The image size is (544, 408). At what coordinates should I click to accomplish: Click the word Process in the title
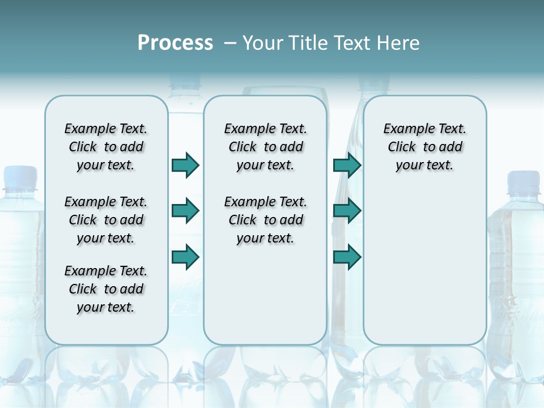[175, 43]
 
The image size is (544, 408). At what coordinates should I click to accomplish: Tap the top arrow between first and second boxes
[185, 165]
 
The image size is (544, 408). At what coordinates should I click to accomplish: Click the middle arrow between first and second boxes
[185, 211]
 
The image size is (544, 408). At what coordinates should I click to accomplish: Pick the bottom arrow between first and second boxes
[185, 257]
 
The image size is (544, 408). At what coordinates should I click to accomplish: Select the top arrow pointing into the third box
[347, 165]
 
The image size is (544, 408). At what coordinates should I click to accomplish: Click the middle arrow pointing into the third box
[347, 211]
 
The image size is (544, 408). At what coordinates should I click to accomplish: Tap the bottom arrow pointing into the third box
[347, 257]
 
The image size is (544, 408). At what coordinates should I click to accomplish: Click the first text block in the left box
[106, 147]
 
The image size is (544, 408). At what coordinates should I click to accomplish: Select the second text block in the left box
[106, 220]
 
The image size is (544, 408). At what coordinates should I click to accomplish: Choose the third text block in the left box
[106, 289]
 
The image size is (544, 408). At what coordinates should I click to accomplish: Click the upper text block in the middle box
[265, 147]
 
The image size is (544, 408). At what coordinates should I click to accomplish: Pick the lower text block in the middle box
[265, 220]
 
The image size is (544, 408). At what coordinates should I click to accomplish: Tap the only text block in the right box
[424, 147]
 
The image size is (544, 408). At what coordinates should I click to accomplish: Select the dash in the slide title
[230, 44]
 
